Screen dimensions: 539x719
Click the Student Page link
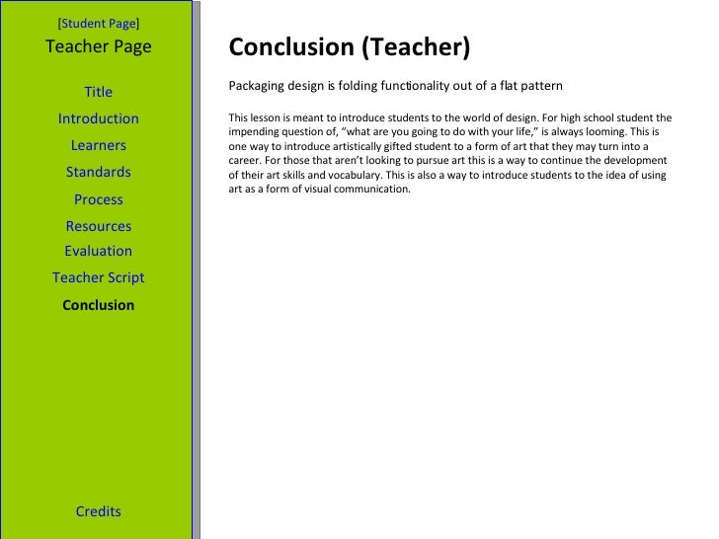point(99,22)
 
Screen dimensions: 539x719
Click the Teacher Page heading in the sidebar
point(99,45)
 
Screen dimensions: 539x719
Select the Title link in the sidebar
point(99,92)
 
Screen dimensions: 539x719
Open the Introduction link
point(99,118)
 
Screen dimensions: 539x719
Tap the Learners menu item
point(99,145)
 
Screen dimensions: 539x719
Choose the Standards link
point(99,172)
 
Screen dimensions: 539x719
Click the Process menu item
point(99,199)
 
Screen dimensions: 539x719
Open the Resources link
point(99,226)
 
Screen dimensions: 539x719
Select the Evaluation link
point(99,251)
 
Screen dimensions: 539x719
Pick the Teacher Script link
point(99,277)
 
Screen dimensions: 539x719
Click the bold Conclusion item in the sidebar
point(99,305)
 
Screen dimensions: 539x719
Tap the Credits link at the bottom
point(99,511)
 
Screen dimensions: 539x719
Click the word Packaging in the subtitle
point(256,86)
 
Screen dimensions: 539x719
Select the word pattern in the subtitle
point(540,86)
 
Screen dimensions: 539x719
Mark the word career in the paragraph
point(245,159)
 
